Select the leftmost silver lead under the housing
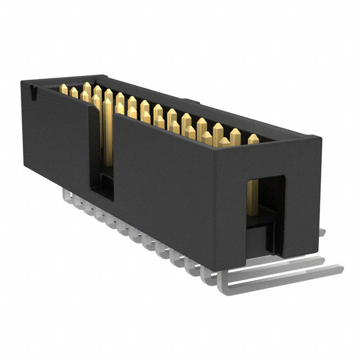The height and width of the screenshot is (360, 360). [x=66, y=195]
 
